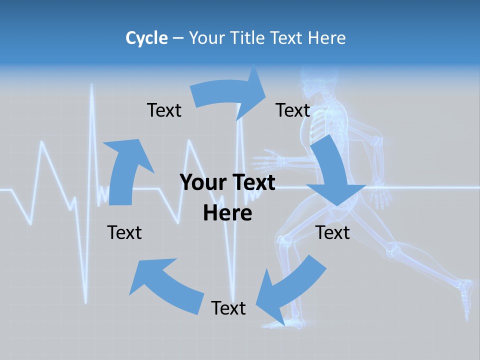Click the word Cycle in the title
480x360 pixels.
(x=146, y=38)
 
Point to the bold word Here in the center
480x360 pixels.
(x=227, y=213)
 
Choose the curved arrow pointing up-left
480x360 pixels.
(x=165, y=280)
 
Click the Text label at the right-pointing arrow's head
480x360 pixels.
(x=293, y=110)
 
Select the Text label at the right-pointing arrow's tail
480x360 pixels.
(x=164, y=110)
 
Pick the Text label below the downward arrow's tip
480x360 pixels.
(x=333, y=233)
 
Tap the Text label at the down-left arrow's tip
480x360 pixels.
(x=228, y=308)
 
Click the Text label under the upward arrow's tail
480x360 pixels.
(x=124, y=233)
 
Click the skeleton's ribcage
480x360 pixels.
(x=320, y=125)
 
